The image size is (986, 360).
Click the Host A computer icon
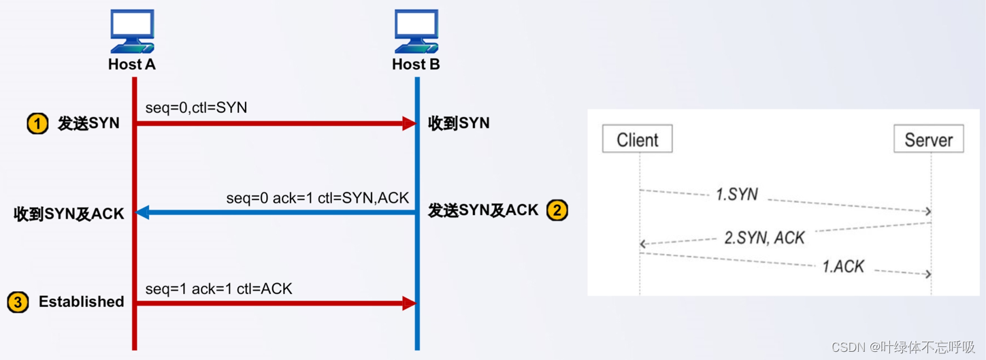point(132,31)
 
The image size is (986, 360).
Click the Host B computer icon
point(416,31)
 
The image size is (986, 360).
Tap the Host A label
point(132,65)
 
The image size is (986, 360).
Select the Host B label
point(416,65)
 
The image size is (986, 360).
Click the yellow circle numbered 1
point(37,124)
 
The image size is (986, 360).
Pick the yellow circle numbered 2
point(557,210)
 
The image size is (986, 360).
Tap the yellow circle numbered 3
point(18,302)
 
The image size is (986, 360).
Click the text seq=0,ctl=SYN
point(196,108)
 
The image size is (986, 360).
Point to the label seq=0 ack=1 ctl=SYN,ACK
point(318,198)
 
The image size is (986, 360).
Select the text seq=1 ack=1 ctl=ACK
point(218,289)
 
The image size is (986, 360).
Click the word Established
point(81,302)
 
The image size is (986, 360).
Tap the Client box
point(638,140)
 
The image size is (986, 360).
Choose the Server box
point(929,140)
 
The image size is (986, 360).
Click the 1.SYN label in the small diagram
point(737,194)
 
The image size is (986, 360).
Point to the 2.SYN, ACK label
point(764,238)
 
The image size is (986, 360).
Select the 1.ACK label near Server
point(843,266)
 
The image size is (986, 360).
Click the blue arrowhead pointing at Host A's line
point(142,213)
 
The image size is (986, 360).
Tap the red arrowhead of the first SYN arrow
point(409,124)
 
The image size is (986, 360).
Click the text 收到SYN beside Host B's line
point(459,124)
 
